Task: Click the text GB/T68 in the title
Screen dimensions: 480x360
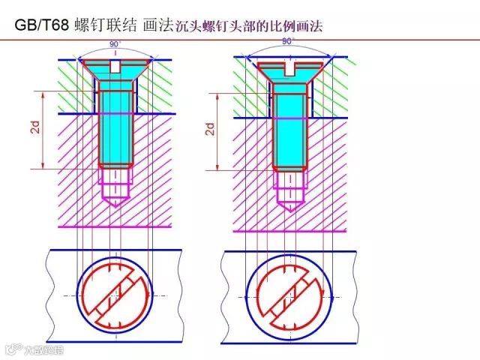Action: [42, 25]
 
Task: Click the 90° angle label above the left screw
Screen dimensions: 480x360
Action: [115, 45]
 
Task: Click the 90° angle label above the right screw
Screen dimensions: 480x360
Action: [289, 42]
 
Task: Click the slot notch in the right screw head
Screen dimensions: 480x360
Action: [289, 70]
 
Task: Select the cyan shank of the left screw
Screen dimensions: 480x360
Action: [116, 124]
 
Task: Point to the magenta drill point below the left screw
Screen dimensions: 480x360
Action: [116, 201]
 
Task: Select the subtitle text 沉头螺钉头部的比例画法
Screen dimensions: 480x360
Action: [248, 27]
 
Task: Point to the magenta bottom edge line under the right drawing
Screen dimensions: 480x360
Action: [289, 230]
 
